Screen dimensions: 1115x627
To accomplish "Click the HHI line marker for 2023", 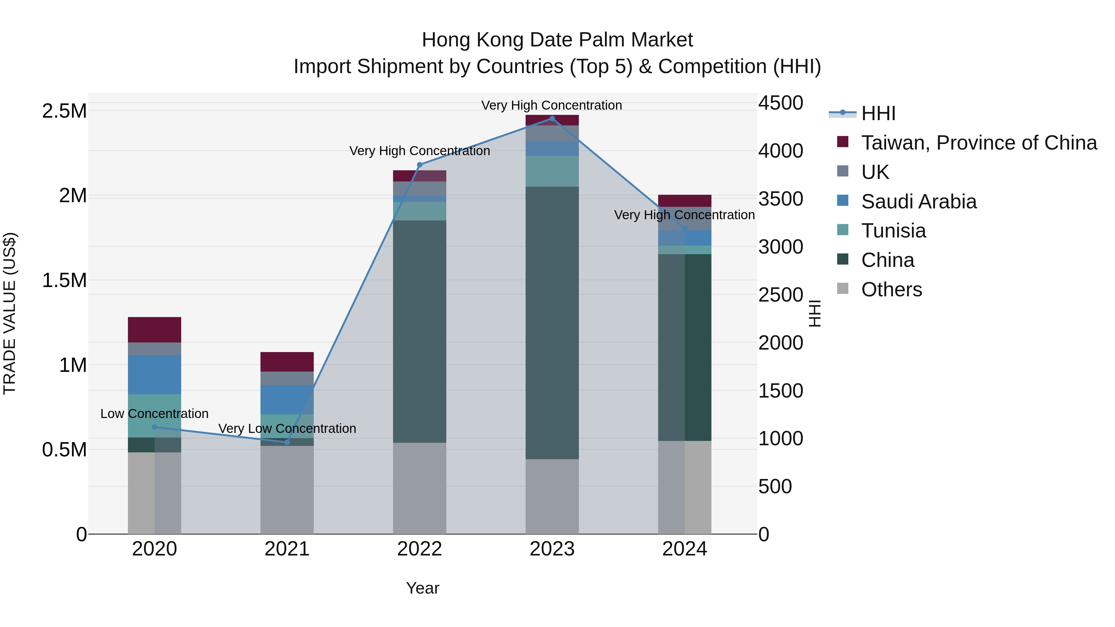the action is tap(552, 119).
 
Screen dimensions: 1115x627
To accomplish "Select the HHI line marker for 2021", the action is tap(287, 442).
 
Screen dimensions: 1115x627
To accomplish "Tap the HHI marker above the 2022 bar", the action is tap(419, 165).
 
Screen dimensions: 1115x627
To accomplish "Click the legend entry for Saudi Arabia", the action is tap(919, 202).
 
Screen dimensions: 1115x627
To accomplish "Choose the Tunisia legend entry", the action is tap(893, 231).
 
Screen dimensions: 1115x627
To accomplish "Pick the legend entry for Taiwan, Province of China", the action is tap(979, 143).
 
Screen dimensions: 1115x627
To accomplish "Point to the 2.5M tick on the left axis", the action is tap(64, 111).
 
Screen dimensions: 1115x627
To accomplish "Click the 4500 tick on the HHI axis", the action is tap(780, 103).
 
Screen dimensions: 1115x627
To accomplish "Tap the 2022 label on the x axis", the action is tap(419, 549).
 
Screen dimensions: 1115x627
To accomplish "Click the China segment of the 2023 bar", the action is tap(552, 322).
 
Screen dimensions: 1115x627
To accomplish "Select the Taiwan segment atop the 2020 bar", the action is tap(155, 330).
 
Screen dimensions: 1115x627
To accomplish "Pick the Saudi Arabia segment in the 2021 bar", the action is tap(287, 399).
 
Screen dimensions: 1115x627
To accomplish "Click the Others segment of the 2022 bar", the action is tap(419, 488).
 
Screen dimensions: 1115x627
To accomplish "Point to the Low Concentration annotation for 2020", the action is tap(155, 414).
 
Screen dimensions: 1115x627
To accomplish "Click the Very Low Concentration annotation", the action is tap(287, 429).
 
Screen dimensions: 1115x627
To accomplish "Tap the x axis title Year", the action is tap(422, 588).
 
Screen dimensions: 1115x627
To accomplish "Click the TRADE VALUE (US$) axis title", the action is tap(10, 313).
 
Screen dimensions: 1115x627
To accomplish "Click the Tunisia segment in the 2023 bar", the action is tap(552, 171).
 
